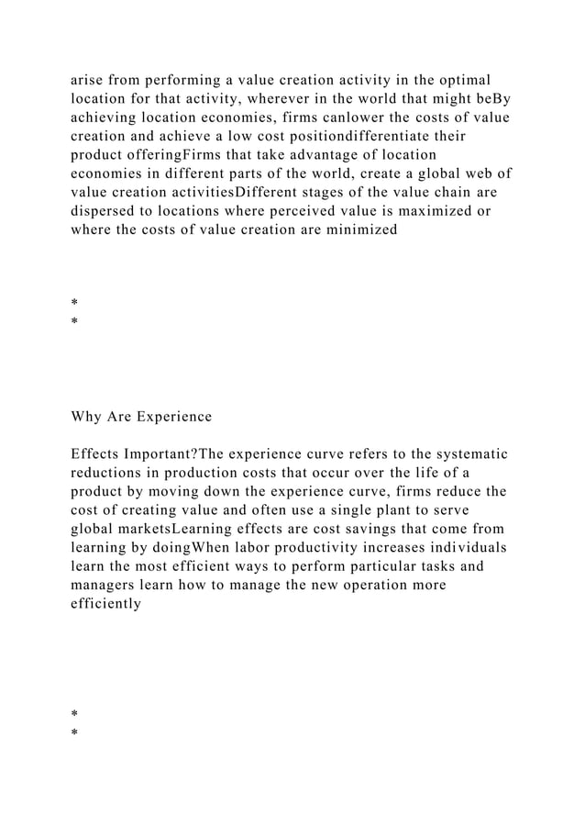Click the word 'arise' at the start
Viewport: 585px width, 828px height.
89,79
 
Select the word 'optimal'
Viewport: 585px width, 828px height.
467,79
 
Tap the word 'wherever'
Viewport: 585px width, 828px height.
263,99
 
